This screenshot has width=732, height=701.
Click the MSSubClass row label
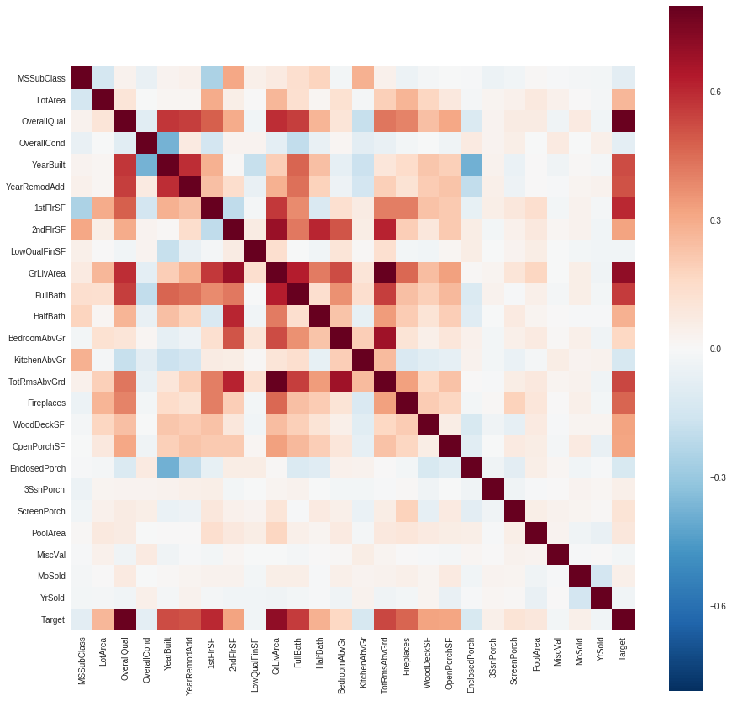pos(41,78)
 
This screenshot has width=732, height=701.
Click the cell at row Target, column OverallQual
pos(125,619)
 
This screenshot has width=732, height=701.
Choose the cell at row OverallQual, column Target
pos(623,122)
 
